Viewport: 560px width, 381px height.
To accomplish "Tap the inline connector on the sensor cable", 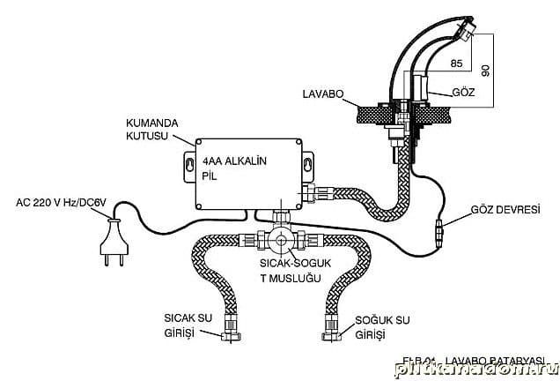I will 438,236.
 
